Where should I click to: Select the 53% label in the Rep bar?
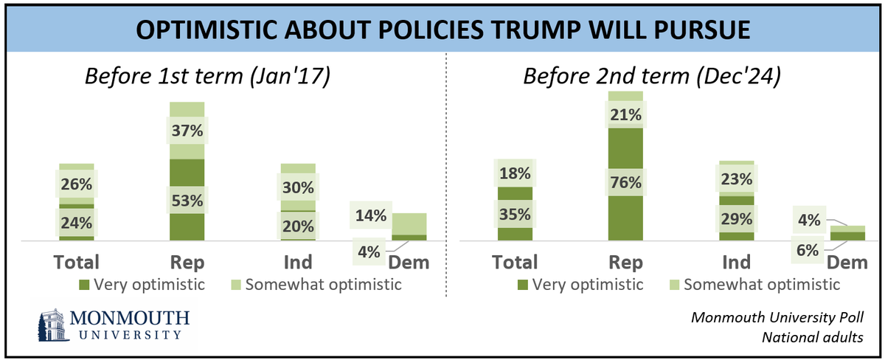(187, 199)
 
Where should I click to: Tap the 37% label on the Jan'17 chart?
(187, 133)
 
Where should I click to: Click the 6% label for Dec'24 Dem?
(806, 250)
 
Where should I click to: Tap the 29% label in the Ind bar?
(735, 218)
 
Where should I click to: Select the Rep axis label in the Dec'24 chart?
(625, 262)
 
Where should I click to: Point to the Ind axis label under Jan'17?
(297, 262)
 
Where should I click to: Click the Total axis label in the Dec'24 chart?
(516, 262)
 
